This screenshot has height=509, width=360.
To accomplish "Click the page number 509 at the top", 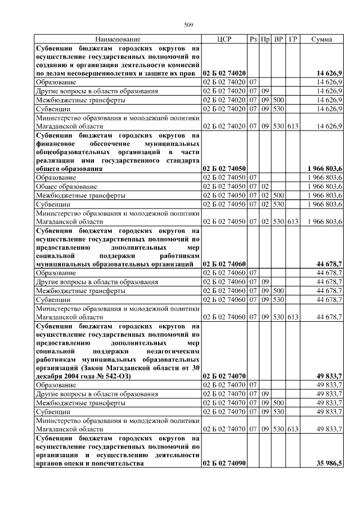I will tap(188, 24).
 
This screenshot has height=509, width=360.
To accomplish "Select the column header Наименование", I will tap(118, 39).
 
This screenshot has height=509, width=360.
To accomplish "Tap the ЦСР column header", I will tap(224, 39).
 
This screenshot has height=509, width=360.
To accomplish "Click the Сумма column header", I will tap(321, 39).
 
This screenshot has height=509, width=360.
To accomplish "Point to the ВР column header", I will tap(278, 39).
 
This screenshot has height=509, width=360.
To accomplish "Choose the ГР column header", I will tap(292, 39).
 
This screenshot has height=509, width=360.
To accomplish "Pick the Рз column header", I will tap(253, 39).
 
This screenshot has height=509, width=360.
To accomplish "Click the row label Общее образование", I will tap(66, 186).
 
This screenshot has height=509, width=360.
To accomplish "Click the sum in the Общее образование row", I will tap(325, 186).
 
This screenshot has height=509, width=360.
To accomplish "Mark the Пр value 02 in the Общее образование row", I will tap(265, 186).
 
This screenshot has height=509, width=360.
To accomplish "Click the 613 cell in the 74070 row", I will tap(292, 429).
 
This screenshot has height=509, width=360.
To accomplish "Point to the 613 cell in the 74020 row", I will tap(292, 126).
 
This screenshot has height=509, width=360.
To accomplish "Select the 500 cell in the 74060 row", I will tap(278, 291).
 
